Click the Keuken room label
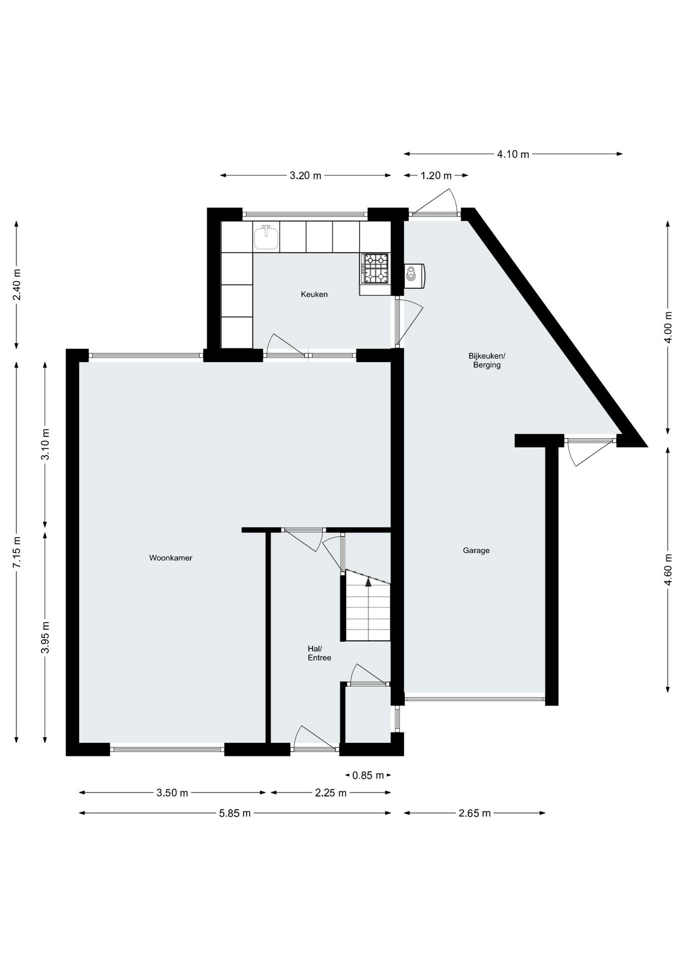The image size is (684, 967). click(314, 294)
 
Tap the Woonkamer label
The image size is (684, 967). click(171, 558)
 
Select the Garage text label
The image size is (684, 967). click(476, 550)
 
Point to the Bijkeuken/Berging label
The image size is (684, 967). click(487, 360)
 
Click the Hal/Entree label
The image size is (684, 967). click(319, 653)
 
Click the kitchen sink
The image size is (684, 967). click(266, 237)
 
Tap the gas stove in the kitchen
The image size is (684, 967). click(375, 267)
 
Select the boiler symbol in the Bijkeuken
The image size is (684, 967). click(414, 273)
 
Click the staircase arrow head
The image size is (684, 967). click(368, 582)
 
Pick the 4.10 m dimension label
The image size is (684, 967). click(513, 154)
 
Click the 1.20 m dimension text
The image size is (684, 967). click(436, 175)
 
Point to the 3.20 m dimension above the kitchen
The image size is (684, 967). click(305, 175)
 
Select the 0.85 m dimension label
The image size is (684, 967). click(368, 775)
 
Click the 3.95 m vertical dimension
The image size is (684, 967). click(45, 637)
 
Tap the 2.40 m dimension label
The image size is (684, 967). click(17, 285)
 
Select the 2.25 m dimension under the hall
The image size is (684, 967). click(330, 793)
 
